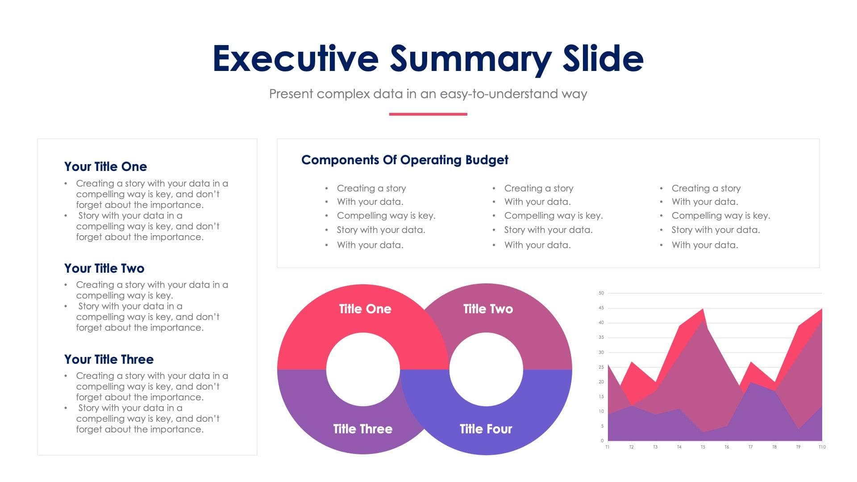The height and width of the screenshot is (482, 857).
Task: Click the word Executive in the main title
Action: click(295, 58)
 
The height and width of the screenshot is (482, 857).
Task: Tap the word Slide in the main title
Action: click(603, 58)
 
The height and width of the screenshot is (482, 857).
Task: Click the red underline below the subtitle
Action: click(428, 114)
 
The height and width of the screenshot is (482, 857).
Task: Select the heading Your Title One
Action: click(105, 166)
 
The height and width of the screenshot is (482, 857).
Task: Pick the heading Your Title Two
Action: click(104, 268)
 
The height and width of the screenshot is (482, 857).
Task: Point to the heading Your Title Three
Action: click(109, 359)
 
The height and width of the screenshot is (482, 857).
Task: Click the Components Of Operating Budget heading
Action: click(404, 160)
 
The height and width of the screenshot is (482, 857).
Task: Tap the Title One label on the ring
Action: click(365, 309)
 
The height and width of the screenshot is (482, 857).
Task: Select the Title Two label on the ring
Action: click(488, 309)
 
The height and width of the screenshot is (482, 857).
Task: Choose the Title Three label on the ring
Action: click(362, 429)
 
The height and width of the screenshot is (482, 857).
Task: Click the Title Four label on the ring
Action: click(486, 429)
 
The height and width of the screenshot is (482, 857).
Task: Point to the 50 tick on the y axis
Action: click(601, 293)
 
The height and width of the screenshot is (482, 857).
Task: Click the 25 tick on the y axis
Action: click(601, 367)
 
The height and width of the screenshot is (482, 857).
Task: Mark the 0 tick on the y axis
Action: click(602, 441)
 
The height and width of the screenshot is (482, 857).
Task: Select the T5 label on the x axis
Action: click(703, 447)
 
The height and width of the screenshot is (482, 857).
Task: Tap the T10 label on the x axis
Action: click(822, 447)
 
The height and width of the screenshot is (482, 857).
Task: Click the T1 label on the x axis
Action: click(607, 447)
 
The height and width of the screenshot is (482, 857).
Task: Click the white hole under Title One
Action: click(363, 370)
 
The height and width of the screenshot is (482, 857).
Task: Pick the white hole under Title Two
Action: click(486, 370)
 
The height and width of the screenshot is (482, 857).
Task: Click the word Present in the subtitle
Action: click(291, 94)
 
